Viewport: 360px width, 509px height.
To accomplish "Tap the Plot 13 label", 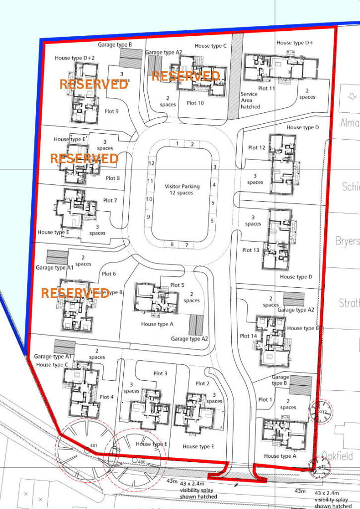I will pyautogui.click(x=250, y=250).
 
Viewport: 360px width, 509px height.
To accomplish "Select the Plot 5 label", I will pyautogui.click(x=177, y=285).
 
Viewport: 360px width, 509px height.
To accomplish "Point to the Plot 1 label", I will pyautogui.click(x=266, y=400).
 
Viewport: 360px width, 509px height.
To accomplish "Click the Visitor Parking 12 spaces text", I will pyautogui.click(x=182, y=189).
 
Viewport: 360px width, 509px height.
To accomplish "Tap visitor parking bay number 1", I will pyautogui.click(x=178, y=144).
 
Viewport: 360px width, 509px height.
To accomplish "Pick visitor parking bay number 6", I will pyautogui.click(x=212, y=221).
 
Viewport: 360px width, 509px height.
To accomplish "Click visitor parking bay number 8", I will pyautogui.click(x=172, y=245).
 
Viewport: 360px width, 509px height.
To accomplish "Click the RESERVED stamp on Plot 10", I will pyautogui.click(x=185, y=76).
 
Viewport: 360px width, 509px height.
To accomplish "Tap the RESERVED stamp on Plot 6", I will pyautogui.click(x=75, y=293).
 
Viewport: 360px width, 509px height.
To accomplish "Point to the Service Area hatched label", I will pyautogui.click(x=250, y=100).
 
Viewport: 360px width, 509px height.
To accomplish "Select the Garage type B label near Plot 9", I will pyautogui.click(x=115, y=45).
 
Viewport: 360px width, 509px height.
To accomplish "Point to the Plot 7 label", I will pyautogui.click(x=110, y=201).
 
